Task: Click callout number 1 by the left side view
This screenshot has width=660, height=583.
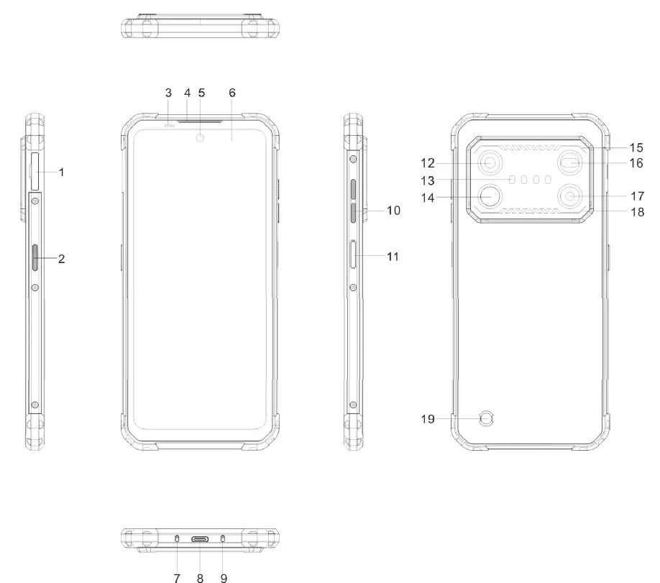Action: (x=62, y=173)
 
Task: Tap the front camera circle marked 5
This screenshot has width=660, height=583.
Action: (x=201, y=137)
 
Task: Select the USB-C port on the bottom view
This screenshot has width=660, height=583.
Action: (x=200, y=538)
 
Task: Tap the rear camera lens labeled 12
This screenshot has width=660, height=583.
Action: (x=490, y=162)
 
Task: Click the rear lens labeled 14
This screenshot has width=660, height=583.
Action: (x=490, y=196)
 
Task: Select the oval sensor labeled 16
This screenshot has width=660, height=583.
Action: (x=572, y=162)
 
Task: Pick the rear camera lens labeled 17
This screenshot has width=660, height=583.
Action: (x=572, y=196)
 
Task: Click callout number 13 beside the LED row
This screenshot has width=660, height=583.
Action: (x=428, y=180)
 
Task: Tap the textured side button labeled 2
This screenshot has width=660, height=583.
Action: (x=35, y=257)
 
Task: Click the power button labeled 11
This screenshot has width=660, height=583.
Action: (x=353, y=256)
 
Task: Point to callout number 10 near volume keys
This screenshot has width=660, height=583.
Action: (x=393, y=211)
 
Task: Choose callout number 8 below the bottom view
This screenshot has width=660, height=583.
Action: (x=200, y=577)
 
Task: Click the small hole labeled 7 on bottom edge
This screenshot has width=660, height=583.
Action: (x=178, y=538)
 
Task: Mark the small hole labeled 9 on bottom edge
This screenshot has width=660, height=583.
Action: (x=222, y=538)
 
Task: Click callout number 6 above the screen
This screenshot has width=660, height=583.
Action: (x=232, y=93)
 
